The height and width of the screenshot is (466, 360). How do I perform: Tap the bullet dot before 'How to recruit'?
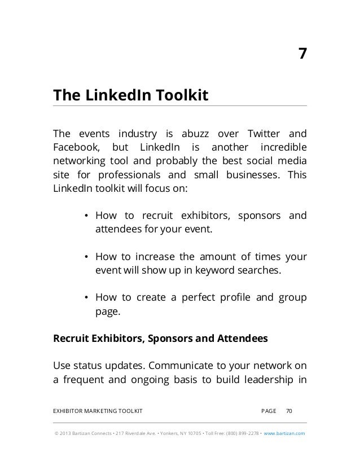coord(86,216)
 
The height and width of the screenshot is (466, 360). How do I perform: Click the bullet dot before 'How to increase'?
coord(86,257)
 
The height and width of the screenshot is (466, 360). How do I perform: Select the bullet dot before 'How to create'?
coord(86,298)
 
